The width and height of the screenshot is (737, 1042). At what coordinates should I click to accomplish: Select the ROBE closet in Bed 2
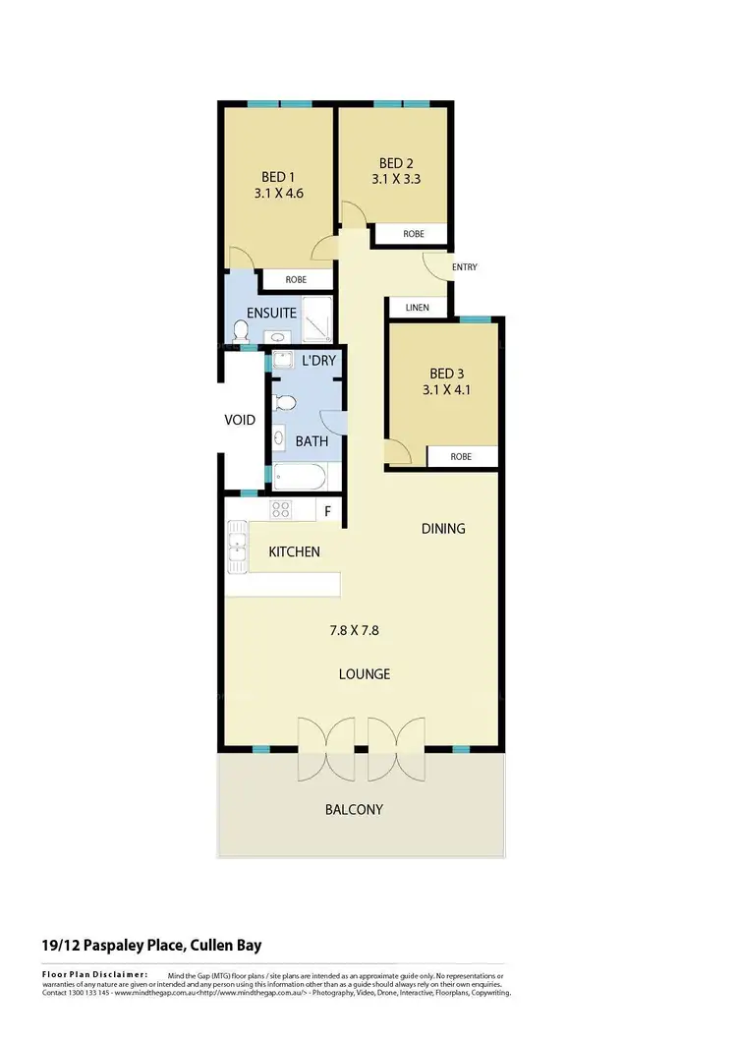pyautogui.click(x=414, y=234)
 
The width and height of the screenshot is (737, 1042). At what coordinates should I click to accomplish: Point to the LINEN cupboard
pyautogui.click(x=417, y=307)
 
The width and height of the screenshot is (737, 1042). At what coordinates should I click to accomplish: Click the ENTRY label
pyautogui.click(x=464, y=267)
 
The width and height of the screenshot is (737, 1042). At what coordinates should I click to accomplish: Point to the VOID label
pyautogui.click(x=240, y=420)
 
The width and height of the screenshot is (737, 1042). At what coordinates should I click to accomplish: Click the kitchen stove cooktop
pyautogui.click(x=281, y=509)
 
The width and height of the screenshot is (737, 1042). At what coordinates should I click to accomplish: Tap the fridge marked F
pyautogui.click(x=328, y=510)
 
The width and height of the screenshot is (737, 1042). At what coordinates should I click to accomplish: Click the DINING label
pyautogui.click(x=443, y=528)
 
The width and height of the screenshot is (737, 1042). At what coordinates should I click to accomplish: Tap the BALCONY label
pyautogui.click(x=353, y=810)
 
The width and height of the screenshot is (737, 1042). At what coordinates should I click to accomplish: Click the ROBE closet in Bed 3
pyautogui.click(x=460, y=457)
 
